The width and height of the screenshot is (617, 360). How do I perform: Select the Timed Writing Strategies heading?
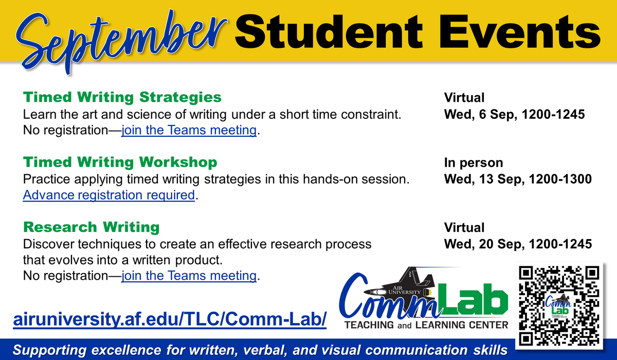tap(122, 97)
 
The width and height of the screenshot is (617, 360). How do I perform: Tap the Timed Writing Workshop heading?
tap(120, 163)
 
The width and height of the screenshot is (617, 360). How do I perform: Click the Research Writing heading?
tap(92, 227)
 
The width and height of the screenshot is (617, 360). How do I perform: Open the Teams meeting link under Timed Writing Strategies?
tap(189, 131)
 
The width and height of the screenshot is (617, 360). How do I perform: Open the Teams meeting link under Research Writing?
tap(189, 276)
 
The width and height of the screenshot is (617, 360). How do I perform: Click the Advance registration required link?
tap(109, 195)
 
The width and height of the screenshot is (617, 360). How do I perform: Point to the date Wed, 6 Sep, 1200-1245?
tap(514, 114)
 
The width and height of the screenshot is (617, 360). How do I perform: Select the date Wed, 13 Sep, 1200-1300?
tap(518, 179)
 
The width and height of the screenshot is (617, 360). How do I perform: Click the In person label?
tap(474, 163)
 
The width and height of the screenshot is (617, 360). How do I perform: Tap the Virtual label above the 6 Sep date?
tap(465, 98)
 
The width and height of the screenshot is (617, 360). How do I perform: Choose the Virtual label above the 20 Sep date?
tap(465, 227)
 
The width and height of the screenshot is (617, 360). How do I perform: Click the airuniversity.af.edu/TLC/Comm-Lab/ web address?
tap(170, 319)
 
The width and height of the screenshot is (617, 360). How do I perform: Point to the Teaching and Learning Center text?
tap(426, 325)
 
